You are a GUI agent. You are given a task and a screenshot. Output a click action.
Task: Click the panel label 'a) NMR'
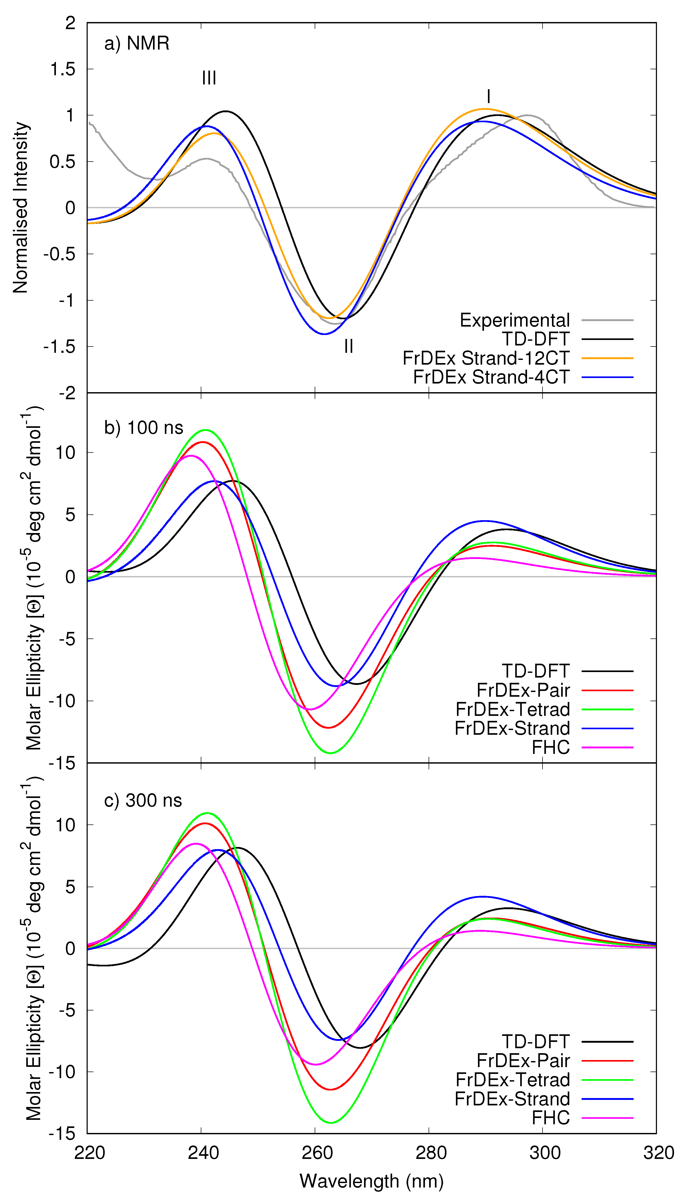tap(137, 43)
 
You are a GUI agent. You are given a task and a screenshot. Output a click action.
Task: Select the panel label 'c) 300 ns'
tap(143, 800)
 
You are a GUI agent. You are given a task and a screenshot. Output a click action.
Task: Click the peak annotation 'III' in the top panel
tap(209, 78)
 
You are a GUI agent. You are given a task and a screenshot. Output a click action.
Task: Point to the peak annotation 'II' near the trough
tap(348, 346)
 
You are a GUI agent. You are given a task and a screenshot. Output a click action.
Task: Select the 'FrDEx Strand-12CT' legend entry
tap(486, 358)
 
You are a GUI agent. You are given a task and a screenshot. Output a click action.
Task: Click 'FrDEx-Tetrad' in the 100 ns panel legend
tap(513, 709)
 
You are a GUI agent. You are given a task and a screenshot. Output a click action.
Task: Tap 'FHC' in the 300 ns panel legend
tap(550, 1117)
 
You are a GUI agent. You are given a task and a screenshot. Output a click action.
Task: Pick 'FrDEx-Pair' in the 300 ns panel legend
tap(523, 1061)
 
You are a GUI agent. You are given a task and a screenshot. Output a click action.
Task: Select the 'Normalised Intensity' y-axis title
tap(20, 207)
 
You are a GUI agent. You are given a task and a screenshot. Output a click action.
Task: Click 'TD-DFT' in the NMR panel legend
tap(535, 339)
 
